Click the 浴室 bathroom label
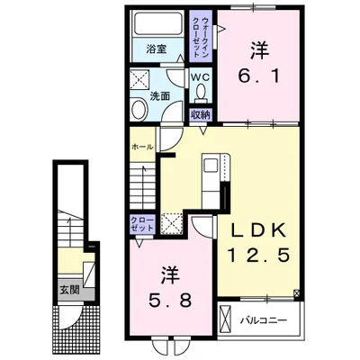[157, 49]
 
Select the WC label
[201, 76]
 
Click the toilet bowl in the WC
[201, 91]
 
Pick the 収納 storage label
[201, 114]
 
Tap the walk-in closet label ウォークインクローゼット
[201, 37]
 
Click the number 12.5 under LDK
[259, 256]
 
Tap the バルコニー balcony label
[264, 320]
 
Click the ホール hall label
[143, 147]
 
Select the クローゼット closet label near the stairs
[142, 224]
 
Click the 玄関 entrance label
[69, 290]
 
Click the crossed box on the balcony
[226, 321]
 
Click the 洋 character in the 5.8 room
[170, 274]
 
